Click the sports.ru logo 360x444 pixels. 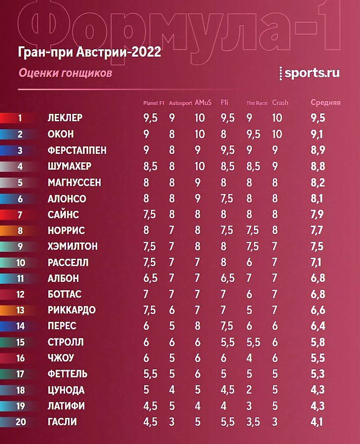[309, 73]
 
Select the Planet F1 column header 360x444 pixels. [153, 103]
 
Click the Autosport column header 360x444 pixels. [180, 103]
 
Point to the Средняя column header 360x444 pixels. [325, 103]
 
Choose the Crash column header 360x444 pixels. [280, 103]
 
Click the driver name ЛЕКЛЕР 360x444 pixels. [65, 118]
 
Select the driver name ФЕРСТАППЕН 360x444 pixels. [77, 150]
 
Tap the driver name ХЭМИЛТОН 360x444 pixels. [72, 246]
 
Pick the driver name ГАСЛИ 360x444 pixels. [62, 422]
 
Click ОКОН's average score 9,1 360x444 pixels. [318, 134]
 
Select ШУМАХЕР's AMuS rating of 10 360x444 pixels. [199, 166]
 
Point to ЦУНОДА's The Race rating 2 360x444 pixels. [250, 390]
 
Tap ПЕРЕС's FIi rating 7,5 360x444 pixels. [227, 326]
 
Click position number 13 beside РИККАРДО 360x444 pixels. [20, 310]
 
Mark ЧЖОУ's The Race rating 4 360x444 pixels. [250, 358]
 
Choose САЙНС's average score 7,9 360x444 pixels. [318, 214]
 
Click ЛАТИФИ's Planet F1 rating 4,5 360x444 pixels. [149, 406]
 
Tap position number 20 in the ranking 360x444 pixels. [20, 422]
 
